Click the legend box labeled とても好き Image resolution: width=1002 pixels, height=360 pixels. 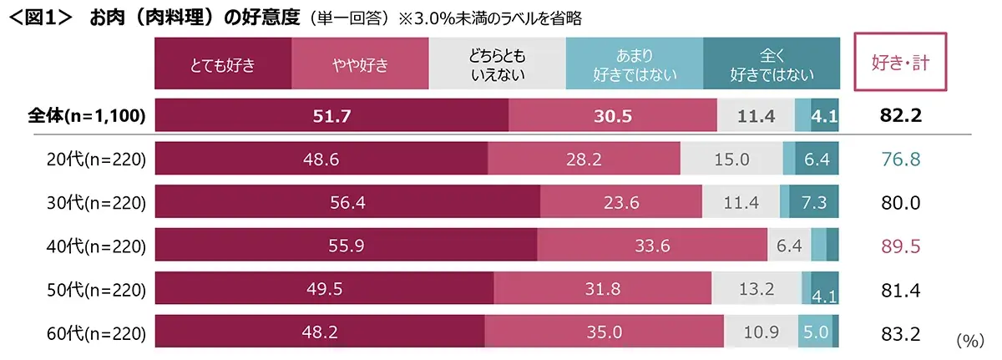click(223, 64)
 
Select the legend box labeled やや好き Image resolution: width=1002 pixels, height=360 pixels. click(360, 64)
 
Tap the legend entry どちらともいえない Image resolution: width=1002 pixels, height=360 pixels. click(497, 64)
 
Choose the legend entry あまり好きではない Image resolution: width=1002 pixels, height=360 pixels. click(634, 64)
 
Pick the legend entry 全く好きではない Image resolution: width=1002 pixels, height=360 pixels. click(772, 64)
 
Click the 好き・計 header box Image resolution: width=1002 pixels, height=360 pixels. click(901, 61)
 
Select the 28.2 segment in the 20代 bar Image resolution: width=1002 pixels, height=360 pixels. click(584, 159)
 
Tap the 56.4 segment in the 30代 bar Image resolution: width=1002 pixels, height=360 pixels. click(347, 202)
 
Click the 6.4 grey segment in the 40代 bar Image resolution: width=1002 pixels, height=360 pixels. click(788, 246)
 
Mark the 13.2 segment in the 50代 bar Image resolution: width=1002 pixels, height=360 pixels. click(757, 289)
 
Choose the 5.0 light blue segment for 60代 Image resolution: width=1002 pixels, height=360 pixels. click(815, 332)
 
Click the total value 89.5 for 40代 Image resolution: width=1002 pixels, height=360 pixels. click(900, 246)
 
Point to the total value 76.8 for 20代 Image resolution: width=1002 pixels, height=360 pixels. click(900, 159)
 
